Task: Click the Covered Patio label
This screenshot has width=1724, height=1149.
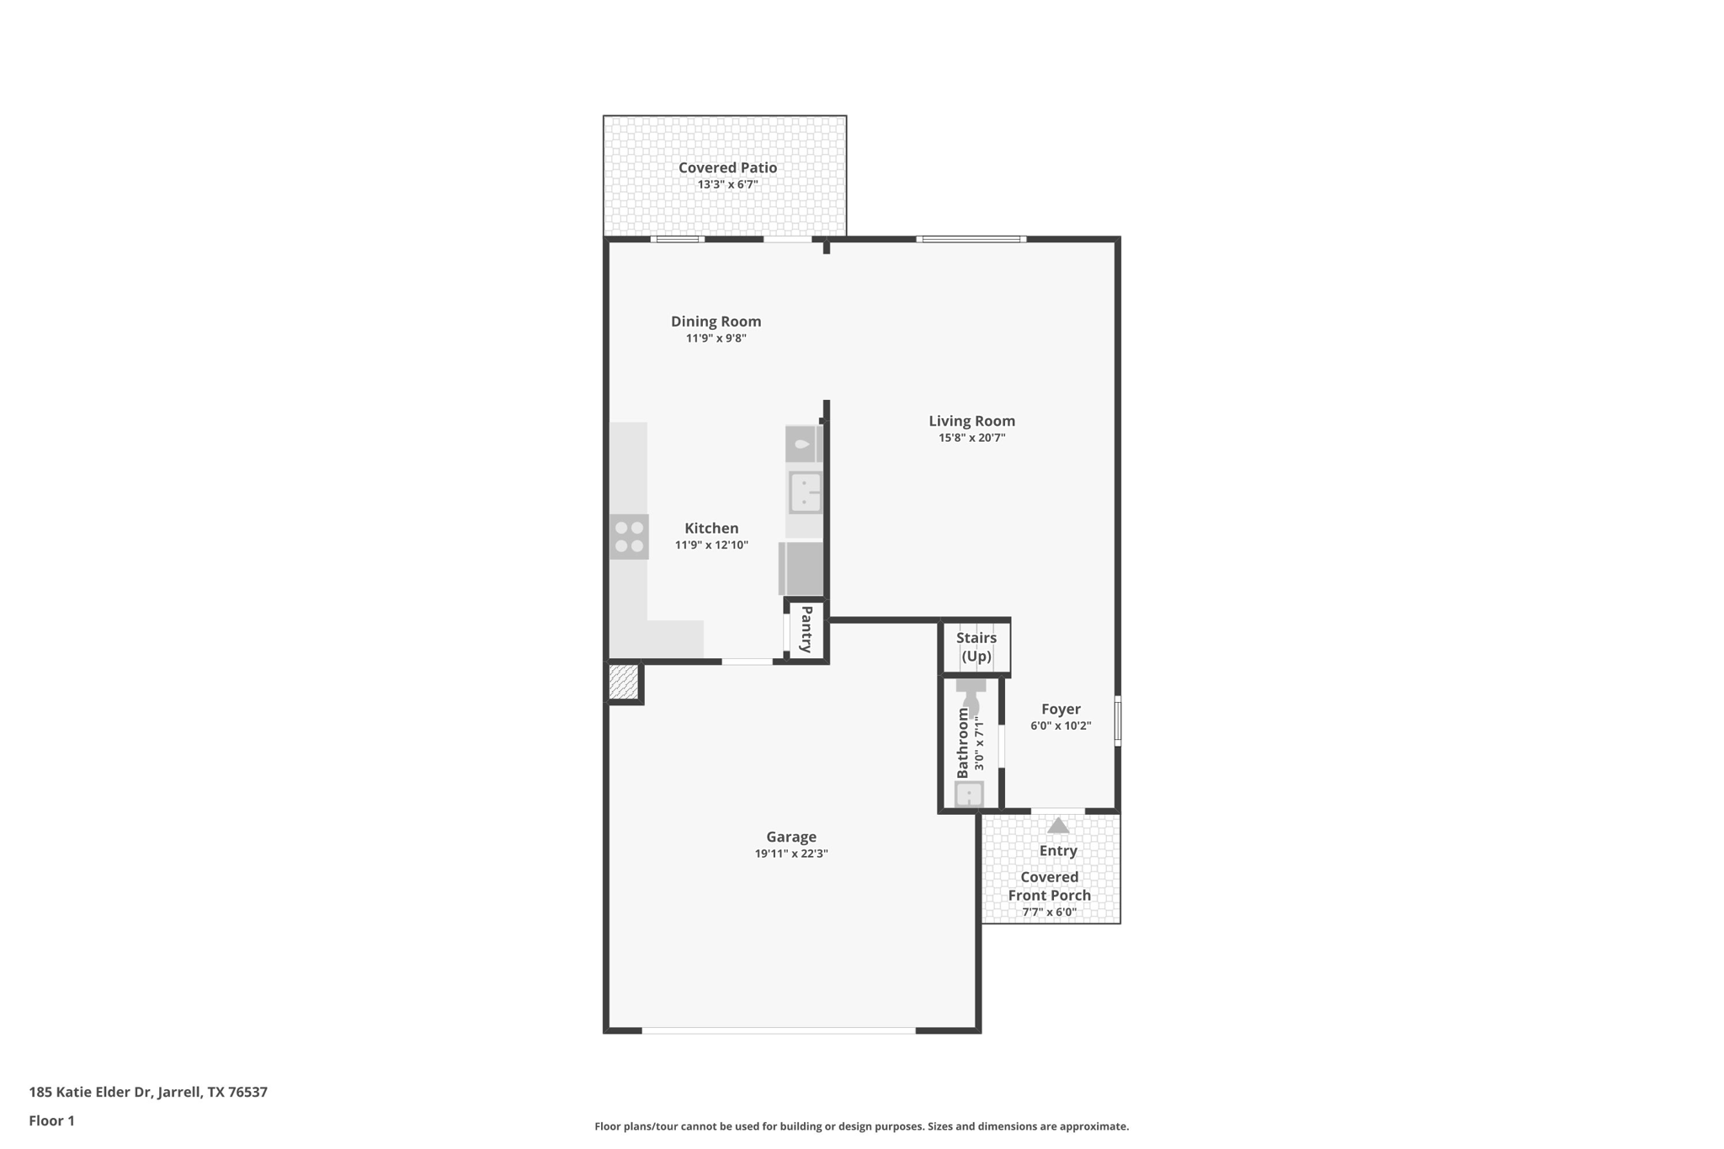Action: (727, 168)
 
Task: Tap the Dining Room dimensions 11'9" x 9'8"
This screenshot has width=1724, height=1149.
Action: (716, 338)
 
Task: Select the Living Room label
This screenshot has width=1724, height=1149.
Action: (971, 421)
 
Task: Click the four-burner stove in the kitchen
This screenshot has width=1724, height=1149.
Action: (629, 537)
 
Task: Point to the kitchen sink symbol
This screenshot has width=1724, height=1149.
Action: (805, 492)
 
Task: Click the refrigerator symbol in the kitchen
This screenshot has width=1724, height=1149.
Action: (801, 569)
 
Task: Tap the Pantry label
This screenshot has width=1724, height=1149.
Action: (806, 630)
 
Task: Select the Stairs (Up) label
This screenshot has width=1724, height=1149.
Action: (976, 646)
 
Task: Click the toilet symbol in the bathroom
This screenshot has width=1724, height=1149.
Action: (971, 695)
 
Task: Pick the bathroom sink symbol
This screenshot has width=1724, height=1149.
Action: (969, 794)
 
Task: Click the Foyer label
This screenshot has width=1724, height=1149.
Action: (1061, 709)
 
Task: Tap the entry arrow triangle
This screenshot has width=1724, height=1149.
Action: (1058, 826)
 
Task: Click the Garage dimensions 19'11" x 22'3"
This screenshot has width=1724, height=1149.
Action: (791, 854)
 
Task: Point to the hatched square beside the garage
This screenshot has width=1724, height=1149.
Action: (623, 682)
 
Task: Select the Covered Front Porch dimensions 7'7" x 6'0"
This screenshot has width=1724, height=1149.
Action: (1050, 912)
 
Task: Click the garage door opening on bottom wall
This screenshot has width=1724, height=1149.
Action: (779, 1029)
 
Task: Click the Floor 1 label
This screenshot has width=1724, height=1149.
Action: (51, 1120)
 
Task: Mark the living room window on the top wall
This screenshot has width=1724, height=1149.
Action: (971, 239)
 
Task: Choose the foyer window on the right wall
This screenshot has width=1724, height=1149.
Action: (1118, 721)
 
